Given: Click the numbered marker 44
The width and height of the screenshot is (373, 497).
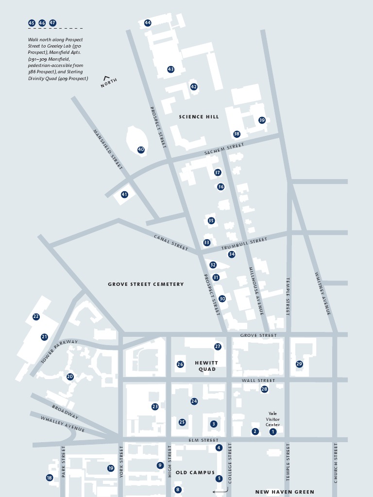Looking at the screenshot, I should pos(148,23).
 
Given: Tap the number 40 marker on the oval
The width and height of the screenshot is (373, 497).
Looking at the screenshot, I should pos(141,149).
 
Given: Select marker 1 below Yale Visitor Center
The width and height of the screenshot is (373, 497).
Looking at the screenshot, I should pos(273,431).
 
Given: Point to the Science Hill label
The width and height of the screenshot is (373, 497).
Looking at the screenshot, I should pos(199,116).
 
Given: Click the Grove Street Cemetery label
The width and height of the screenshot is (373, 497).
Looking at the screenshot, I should pos(146,284).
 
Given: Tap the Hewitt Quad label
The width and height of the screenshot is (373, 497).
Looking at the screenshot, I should pos(206,366).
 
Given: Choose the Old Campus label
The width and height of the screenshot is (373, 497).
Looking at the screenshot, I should pos(195,472).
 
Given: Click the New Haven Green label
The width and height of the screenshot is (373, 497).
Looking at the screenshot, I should pos(285,492).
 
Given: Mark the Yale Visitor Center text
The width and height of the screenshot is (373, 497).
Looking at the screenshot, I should pos(272,419).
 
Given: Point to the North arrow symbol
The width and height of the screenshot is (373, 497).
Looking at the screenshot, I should pos(106,77).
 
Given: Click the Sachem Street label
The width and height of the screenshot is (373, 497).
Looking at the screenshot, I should pos(224,149).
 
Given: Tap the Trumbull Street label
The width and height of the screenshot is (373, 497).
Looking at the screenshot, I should pos(244,244).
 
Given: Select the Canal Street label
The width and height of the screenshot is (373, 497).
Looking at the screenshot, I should pos(171,243).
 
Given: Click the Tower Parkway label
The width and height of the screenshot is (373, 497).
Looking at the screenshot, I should pos(59,352).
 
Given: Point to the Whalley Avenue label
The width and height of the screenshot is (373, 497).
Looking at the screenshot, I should pos(62,424).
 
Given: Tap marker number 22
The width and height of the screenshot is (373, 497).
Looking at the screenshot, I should pos(36,316).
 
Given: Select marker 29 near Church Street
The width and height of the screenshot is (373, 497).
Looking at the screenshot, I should pos(299,364).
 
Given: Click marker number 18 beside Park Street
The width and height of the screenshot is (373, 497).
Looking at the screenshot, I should pos(49,478).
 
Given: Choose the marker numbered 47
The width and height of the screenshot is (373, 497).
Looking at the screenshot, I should pos(52,23).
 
